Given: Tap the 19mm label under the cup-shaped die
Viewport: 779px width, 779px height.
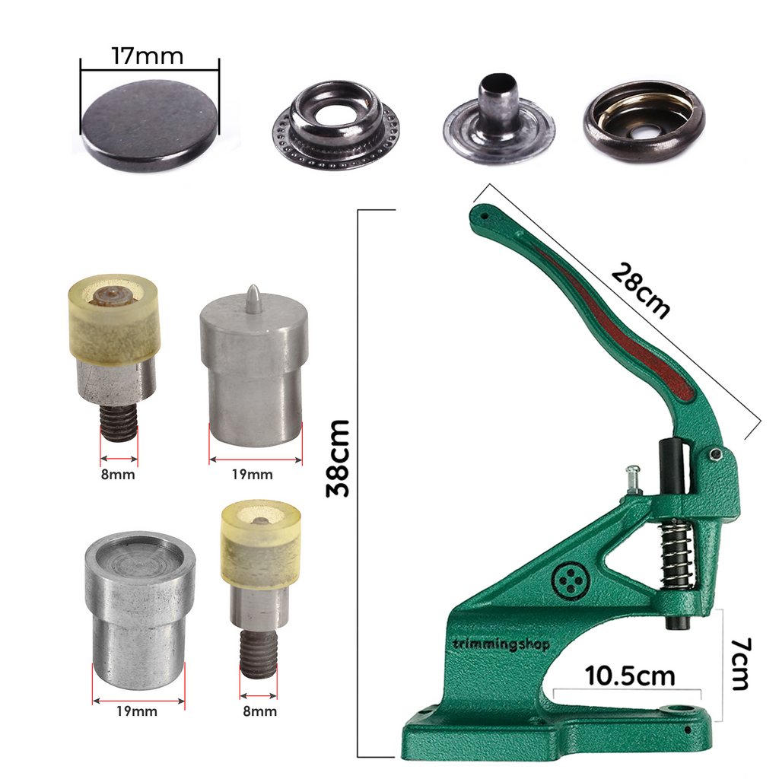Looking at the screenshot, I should (138, 711).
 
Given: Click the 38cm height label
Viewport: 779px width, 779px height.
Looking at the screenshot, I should (339, 457).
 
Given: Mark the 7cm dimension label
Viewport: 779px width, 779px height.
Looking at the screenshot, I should (739, 663).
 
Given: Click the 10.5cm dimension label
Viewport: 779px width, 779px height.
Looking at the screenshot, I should (630, 676).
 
